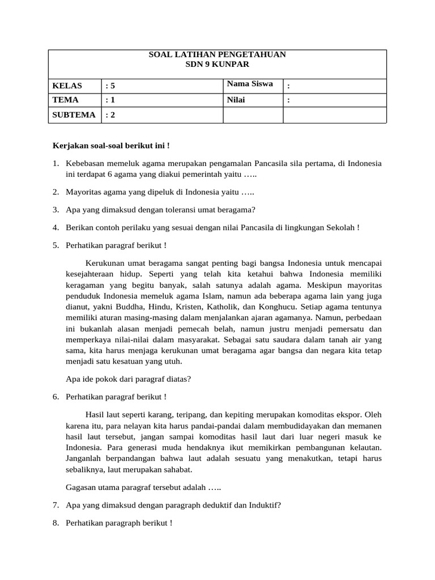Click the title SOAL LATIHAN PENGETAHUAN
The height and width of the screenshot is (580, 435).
[x=217, y=55]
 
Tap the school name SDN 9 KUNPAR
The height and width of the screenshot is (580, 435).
[x=217, y=65]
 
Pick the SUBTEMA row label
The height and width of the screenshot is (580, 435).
[x=74, y=115]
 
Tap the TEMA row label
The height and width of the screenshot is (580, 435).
[x=65, y=100]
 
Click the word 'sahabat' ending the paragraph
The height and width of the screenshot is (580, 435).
[x=178, y=470]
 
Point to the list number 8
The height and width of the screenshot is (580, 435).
[x=56, y=523]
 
